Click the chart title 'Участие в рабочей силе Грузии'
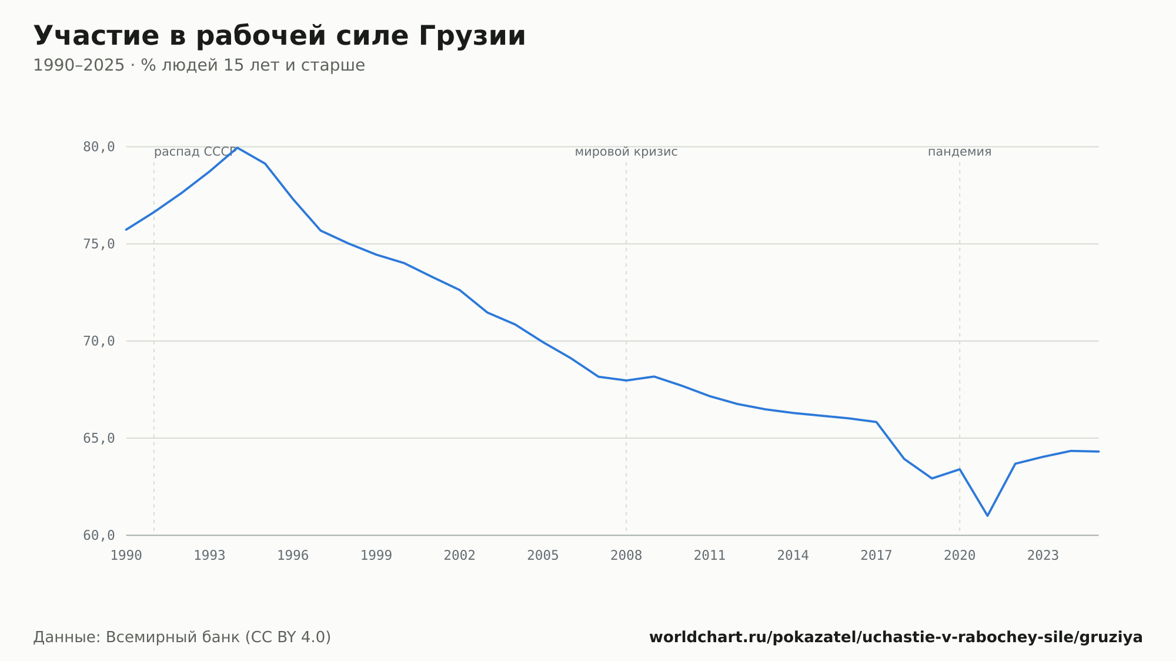[279, 36]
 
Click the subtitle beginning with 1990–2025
[199, 65]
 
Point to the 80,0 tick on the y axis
[99, 147]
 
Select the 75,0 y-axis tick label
[99, 244]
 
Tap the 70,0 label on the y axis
[99, 341]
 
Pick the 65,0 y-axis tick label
[99, 438]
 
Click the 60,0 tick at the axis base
[99, 536]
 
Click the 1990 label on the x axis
[126, 556]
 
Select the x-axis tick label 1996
[293, 556]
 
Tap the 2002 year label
[460, 556]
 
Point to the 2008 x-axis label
[626, 556]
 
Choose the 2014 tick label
[793, 556]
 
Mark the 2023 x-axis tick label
[1043, 556]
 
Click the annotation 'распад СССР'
[195, 152]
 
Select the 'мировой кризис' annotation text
[626, 152]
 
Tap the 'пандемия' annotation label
[960, 152]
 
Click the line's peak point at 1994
[238, 147]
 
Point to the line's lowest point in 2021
[987, 516]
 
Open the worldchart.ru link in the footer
[896, 637]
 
